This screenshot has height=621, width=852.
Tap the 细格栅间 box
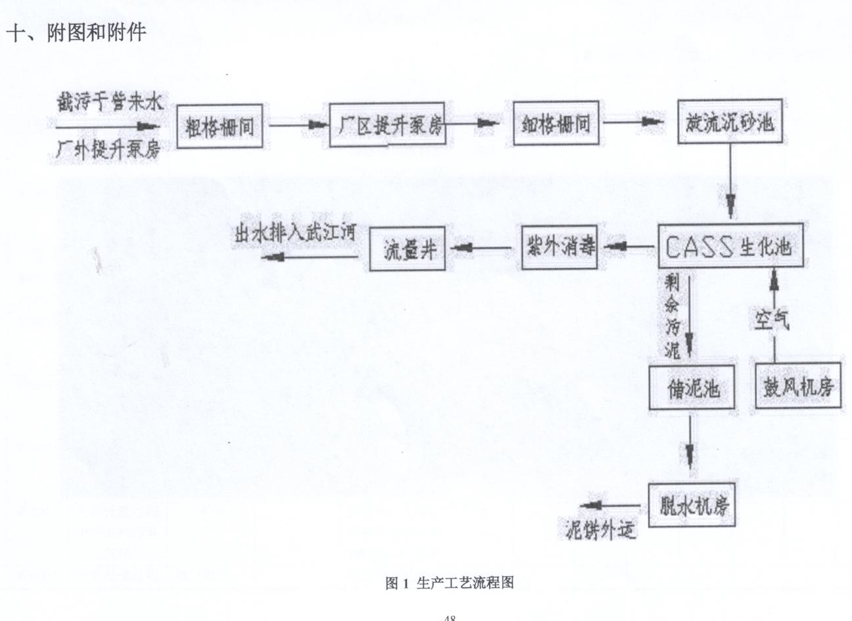coord(556,123)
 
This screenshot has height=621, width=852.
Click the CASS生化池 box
coord(731,247)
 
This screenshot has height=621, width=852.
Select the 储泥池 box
coord(690,388)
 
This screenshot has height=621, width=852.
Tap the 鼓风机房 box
coord(798,386)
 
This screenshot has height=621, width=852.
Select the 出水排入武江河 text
coord(295,234)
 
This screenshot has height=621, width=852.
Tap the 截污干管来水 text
coord(108,103)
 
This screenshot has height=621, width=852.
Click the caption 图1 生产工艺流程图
coord(449,583)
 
